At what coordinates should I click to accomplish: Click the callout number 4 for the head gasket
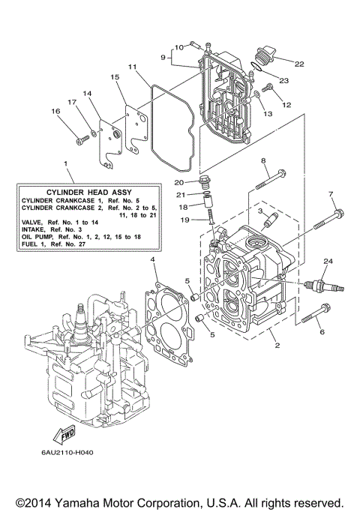click(x=153, y=259)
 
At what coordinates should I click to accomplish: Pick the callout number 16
click(x=55, y=111)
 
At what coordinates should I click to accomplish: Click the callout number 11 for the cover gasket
click(x=132, y=67)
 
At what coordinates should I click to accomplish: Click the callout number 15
click(x=115, y=77)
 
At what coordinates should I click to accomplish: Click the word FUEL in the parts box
click(x=32, y=244)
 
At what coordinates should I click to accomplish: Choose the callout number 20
click(x=178, y=182)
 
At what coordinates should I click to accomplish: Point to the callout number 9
click(x=162, y=55)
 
